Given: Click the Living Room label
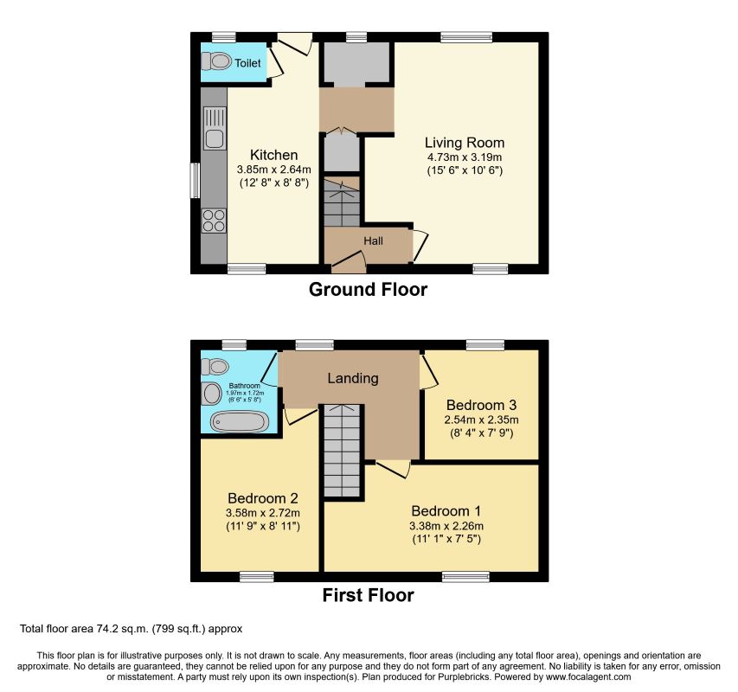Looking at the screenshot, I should (x=464, y=143).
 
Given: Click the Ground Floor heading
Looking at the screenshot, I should (x=368, y=290).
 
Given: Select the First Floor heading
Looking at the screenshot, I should (x=368, y=595).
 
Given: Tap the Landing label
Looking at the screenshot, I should (x=352, y=378).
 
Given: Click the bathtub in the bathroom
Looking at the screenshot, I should (x=240, y=422).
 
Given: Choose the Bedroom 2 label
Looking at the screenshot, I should (x=263, y=498).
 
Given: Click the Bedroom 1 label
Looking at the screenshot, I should (x=446, y=510).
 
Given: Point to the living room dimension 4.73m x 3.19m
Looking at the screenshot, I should (x=464, y=157).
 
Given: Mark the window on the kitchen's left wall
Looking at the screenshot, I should (x=196, y=180).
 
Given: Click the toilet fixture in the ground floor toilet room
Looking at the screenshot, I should (x=216, y=61).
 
